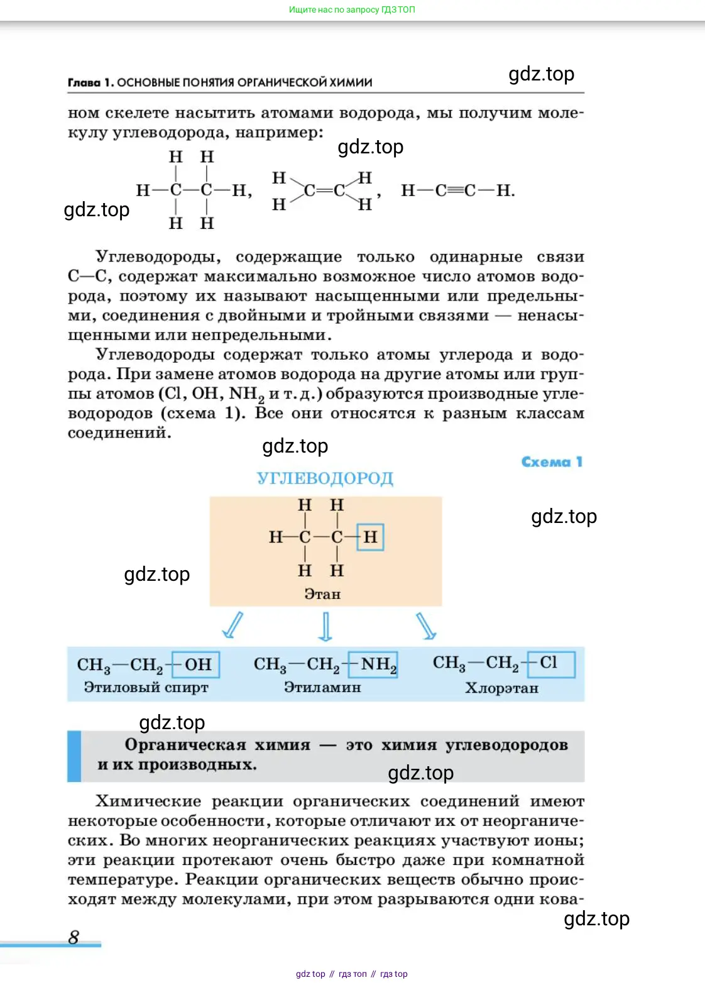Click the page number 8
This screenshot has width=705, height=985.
[74, 937]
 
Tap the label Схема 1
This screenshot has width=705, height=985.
[552, 462]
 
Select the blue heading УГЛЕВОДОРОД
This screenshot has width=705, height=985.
[325, 478]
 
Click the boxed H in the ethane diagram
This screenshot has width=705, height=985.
[370, 537]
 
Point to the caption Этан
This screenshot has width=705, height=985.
[322, 594]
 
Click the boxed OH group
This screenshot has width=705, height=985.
[197, 664]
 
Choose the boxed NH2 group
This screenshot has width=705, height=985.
[374, 664]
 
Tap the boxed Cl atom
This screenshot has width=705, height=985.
[550, 663]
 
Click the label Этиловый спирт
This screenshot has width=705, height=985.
[146, 688]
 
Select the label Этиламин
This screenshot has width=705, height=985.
[322, 688]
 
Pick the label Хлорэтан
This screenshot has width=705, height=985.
[501, 688]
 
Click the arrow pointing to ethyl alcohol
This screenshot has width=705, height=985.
[232, 625]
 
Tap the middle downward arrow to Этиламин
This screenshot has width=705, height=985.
[325, 626]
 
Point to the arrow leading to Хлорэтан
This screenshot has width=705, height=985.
[426, 626]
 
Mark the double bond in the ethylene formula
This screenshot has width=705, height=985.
[324, 190]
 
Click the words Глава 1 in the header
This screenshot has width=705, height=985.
[90, 82]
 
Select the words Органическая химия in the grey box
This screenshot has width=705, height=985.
[217, 745]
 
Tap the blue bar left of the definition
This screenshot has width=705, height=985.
[74, 756]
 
